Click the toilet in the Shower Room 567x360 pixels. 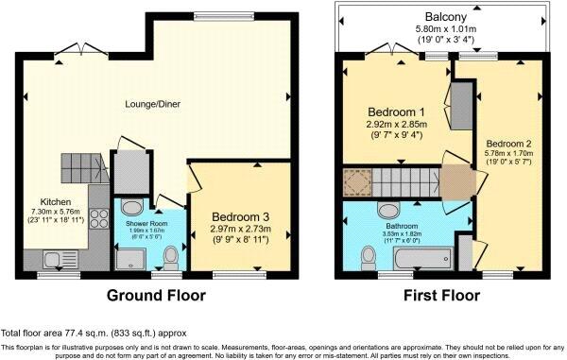(170, 255)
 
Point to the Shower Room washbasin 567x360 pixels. (133, 208)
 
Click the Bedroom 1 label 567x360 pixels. (396, 111)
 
